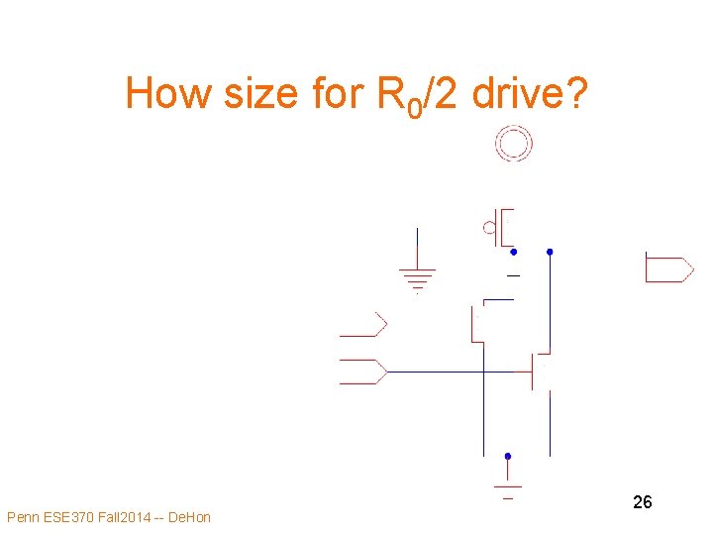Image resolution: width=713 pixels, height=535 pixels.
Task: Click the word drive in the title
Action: [x=515, y=95]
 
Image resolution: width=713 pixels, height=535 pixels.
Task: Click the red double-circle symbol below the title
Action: [x=514, y=145]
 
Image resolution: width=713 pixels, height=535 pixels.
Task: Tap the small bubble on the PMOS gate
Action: [x=489, y=229]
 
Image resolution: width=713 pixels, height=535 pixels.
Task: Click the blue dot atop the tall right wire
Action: [x=551, y=252]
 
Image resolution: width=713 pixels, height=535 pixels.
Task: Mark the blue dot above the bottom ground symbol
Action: [x=508, y=457]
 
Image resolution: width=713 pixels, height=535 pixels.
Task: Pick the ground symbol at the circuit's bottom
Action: [x=508, y=488]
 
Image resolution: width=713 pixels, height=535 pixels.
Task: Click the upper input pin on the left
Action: [x=362, y=324]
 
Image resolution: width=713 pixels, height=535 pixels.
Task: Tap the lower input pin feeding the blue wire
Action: [x=362, y=372]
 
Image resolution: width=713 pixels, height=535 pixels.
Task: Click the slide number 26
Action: [x=642, y=502]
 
